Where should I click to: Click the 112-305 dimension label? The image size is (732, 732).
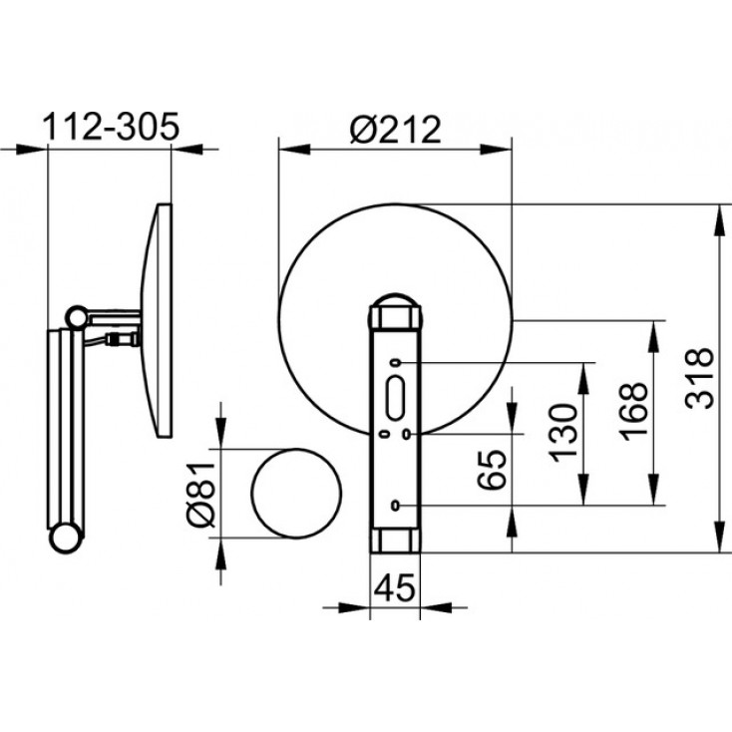pos(111,127)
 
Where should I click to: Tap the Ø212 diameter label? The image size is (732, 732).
pos(395,130)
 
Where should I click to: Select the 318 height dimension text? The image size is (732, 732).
pos(700,379)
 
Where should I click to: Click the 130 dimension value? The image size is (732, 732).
pos(563,433)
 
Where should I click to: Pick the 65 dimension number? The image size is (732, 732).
pos(492,469)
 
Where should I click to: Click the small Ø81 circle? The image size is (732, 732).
pos(251,494)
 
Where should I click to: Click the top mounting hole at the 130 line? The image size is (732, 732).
pos(395,363)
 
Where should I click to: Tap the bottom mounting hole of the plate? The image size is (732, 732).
pos(395,505)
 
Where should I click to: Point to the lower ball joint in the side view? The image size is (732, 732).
pos(66,539)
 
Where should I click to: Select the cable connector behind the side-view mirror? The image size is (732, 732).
pos(123,339)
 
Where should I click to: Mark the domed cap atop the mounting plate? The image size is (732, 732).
pos(395,300)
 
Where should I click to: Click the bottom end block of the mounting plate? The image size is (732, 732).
pos(395,541)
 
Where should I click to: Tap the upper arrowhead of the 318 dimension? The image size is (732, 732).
pos(719,220)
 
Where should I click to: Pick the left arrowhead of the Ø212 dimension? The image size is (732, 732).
pos(294,150)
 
